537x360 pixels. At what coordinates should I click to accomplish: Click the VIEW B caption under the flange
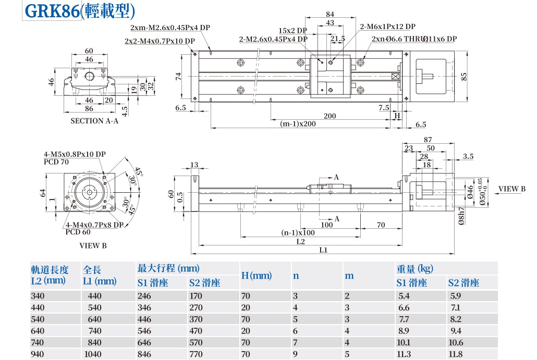(93, 245)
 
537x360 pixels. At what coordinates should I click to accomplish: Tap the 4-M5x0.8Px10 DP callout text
(75, 154)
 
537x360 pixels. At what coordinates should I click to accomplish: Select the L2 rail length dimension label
(301, 242)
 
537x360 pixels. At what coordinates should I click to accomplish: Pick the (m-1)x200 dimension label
(298, 124)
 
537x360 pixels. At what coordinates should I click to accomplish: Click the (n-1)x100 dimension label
(298, 233)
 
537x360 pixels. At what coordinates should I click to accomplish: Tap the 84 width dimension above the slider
(329, 14)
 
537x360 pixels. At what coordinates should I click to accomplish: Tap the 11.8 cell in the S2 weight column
(456, 354)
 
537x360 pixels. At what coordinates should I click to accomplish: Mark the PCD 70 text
(57, 162)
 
